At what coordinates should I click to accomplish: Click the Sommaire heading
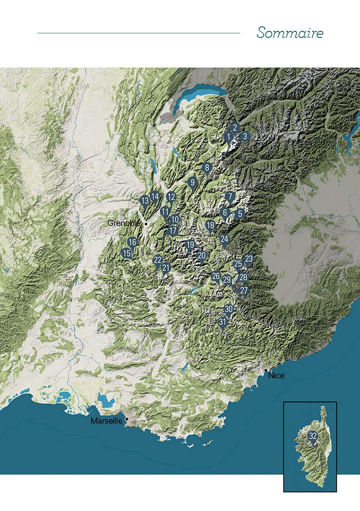pyautogui.click(x=289, y=33)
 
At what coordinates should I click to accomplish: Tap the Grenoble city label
pyautogui.click(x=124, y=223)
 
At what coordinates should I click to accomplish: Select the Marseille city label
pyautogui.click(x=107, y=421)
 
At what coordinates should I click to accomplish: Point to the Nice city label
pyautogui.click(x=276, y=376)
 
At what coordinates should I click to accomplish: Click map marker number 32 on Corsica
pyautogui.click(x=312, y=436)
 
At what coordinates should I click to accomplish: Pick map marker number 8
pyautogui.click(x=207, y=167)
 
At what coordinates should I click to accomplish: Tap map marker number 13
pyautogui.click(x=145, y=200)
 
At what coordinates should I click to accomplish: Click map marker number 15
pyautogui.click(x=126, y=253)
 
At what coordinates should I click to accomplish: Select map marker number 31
pyautogui.click(x=223, y=322)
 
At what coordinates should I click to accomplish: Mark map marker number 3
pyautogui.click(x=244, y=136)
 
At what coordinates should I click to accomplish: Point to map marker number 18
pyautogui.click(x=211, y=225)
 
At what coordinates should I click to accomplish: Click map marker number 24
pyautogui.click(x=224, y=239)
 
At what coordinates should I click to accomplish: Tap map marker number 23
pyautogui.click(x=248, y=259)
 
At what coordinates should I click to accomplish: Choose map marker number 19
pyautogui.click(x=190, y=245)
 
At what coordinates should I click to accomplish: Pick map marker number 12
pyautogui.click(x=171, y=197)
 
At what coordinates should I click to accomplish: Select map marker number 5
pyautogui.click(x=240, y=213)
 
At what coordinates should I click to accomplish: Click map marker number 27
pyautogui.click(x=244, y=290)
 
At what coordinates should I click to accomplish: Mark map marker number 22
pyautogui.click(x=157, y=260)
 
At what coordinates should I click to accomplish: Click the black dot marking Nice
pyautogui.click(x=265, y=370)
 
